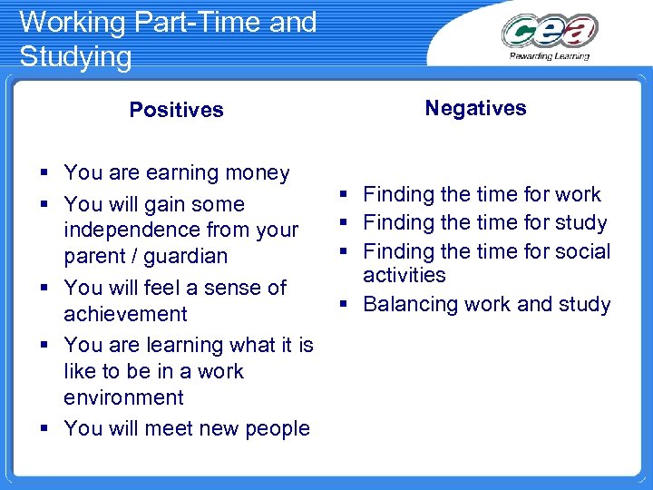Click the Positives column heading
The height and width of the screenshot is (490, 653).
[176, 110]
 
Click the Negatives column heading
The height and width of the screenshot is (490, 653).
[475, 108]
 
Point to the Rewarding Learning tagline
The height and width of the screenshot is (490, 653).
[550, 55]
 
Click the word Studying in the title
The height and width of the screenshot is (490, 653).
[75, 56]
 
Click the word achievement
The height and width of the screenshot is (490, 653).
[125, 314]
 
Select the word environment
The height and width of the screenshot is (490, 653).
[123, 397]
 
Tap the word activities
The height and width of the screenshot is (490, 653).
[404, 275]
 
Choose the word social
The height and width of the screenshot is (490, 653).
[580, 251]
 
